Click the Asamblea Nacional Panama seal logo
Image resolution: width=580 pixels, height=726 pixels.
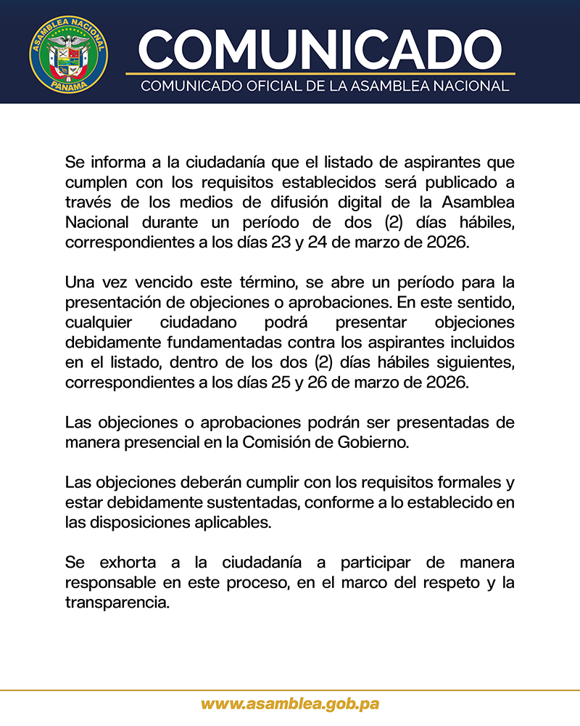coord(69,53)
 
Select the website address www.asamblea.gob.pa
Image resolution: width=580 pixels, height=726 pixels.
coord(290,703)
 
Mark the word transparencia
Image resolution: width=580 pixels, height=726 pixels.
coord(117,603)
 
